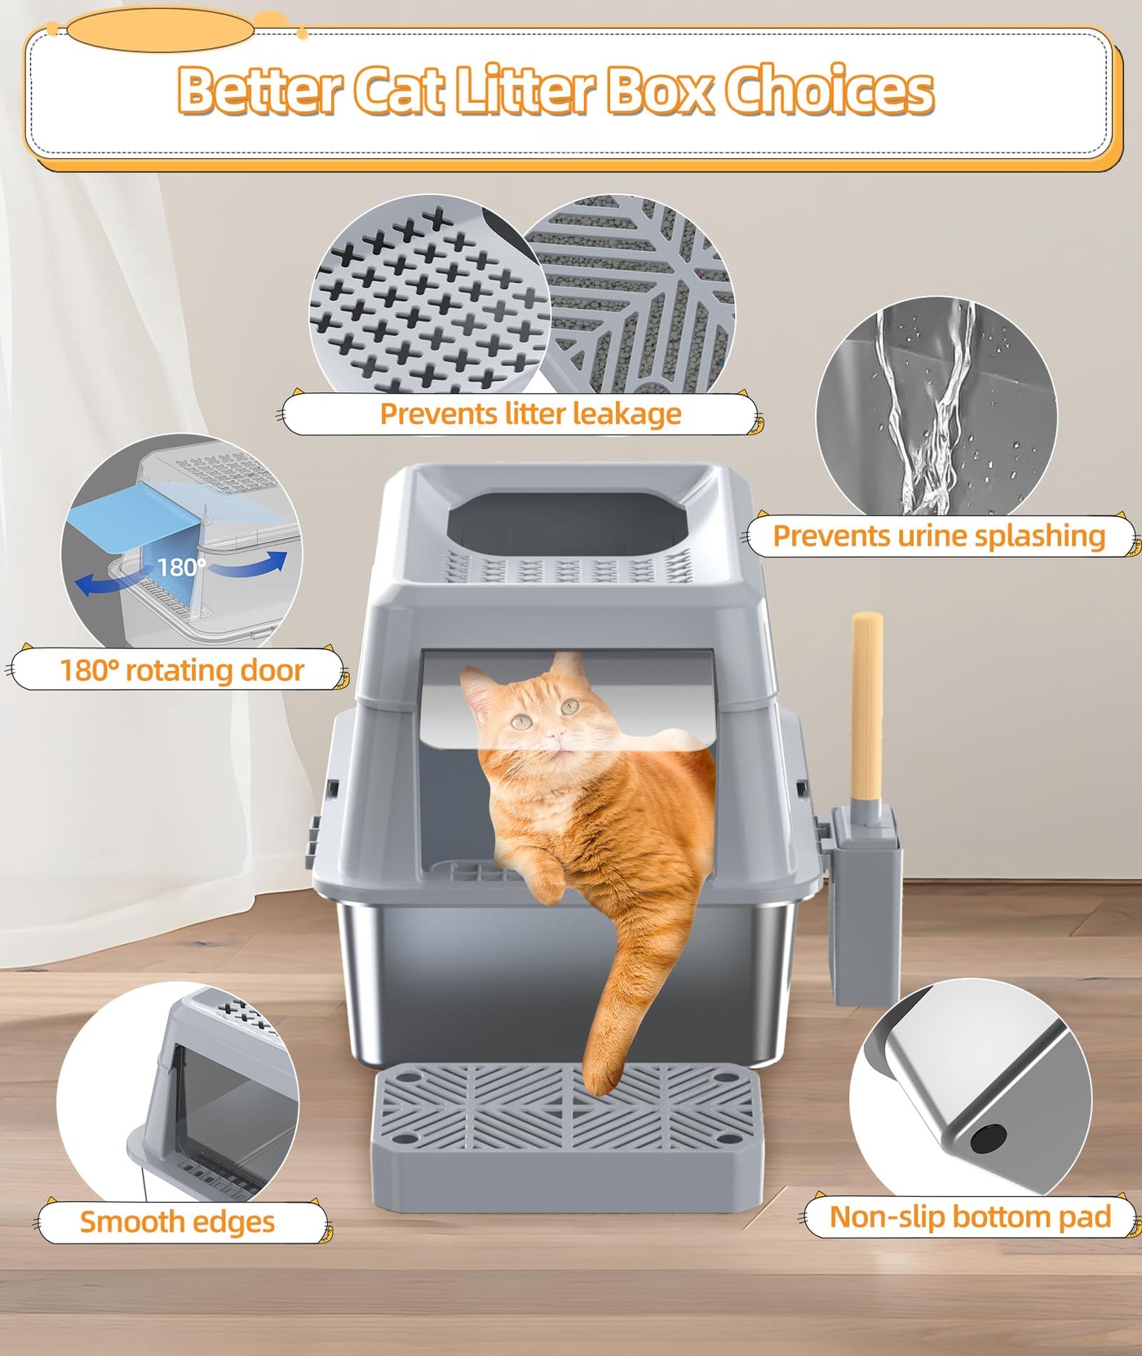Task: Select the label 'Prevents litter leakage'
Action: [x=530, y=413]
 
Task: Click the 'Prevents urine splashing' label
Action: [x=939, y=537]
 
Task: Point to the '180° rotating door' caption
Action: [x=181, y=670]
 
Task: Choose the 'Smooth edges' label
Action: [x=177, y=1221]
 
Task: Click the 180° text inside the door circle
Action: [x=181, y=566]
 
